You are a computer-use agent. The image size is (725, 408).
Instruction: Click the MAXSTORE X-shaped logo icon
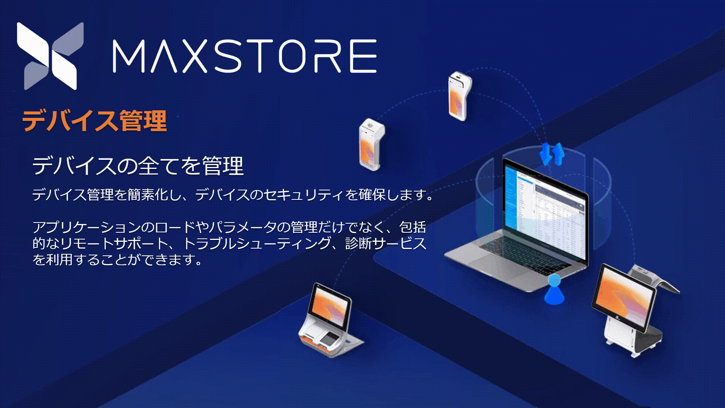[x=50, y=56]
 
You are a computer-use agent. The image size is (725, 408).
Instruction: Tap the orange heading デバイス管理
[x=94, y=121]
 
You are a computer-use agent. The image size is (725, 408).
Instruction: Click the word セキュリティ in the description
[x=304, y=195]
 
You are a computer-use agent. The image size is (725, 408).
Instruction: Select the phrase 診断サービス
[x=386, y=243]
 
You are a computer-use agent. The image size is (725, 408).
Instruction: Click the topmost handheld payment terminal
[x=460, y=96]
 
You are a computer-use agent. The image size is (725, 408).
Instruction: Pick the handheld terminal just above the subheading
[x=372, y=144]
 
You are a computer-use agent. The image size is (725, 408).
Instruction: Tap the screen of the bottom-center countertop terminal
[x=330, y=306]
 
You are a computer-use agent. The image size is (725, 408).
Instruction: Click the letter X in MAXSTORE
[x=194, y=56]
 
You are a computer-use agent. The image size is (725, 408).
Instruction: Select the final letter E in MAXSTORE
[x=363, y=56]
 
